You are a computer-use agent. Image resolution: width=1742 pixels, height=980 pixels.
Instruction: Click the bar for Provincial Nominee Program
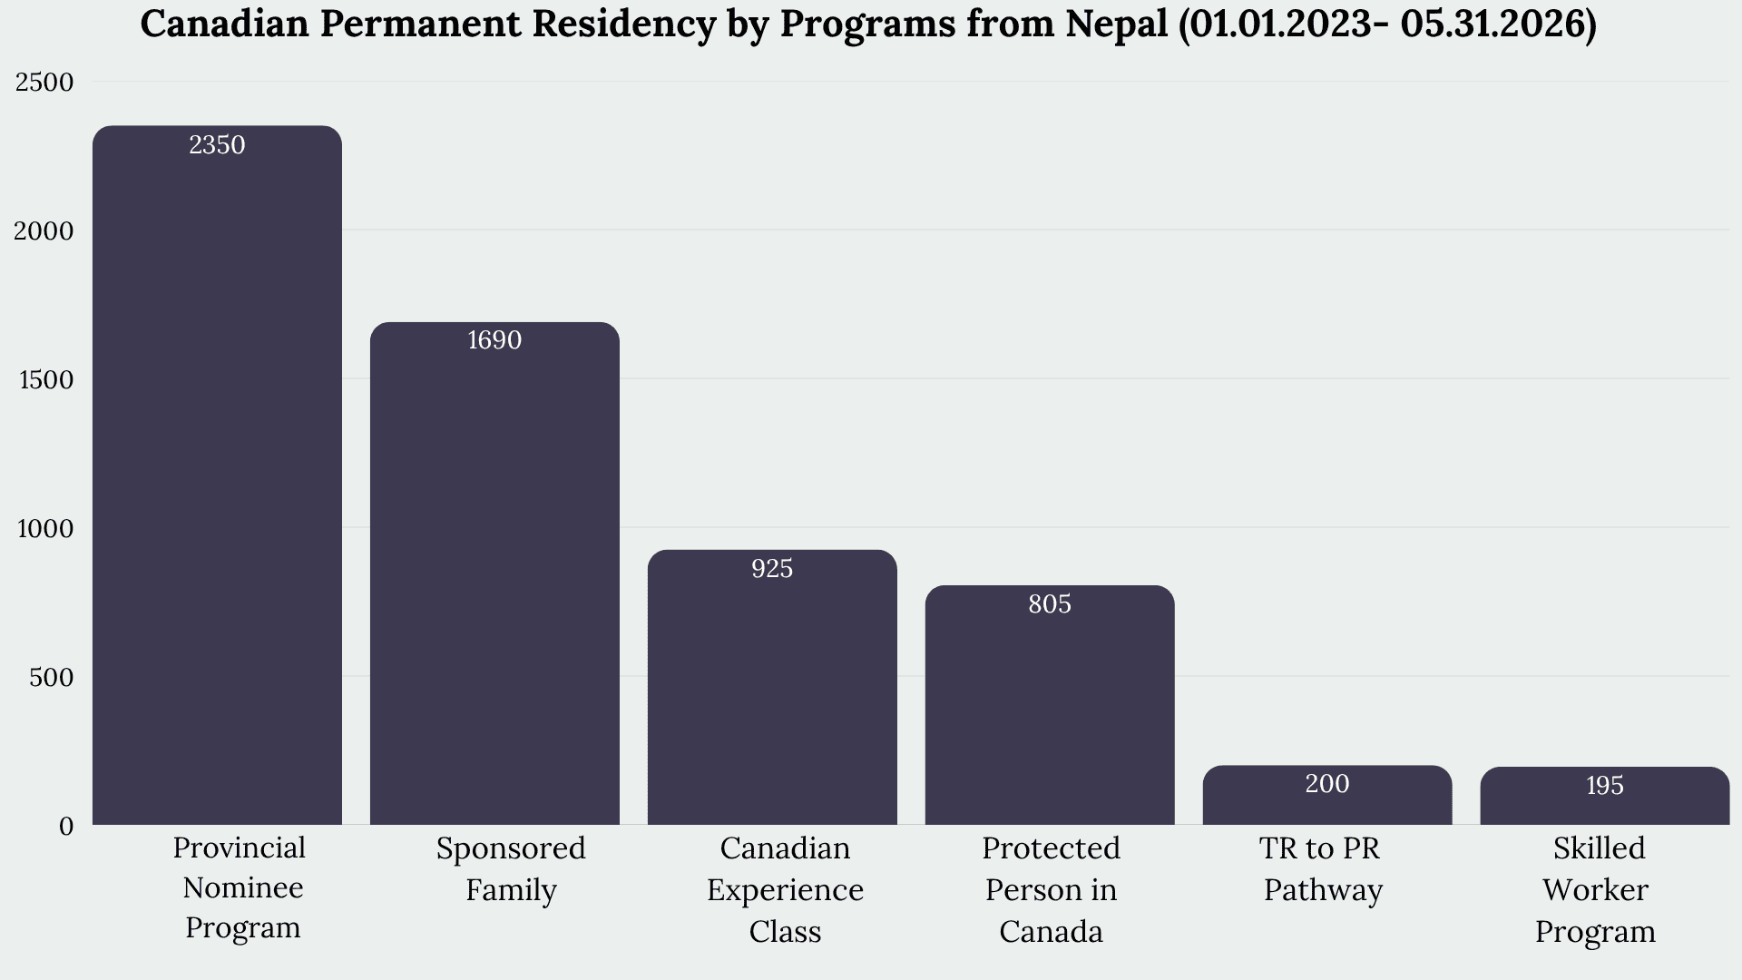pos(217,475)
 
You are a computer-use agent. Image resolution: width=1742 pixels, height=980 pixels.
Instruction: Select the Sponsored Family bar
pos(494,573)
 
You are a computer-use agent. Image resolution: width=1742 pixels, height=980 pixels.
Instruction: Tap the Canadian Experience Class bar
pos(772,687)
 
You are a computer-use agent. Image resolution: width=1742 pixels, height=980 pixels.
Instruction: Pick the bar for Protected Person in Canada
pos(1050,705)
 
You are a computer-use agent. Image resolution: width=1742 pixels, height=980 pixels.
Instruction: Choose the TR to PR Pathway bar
pos(1327,795)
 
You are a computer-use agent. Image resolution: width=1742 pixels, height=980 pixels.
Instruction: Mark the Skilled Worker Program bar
pos(1605,796)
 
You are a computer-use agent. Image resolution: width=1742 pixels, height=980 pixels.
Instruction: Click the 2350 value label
pos(217,145)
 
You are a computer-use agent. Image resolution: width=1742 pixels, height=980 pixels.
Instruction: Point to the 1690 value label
pos(494,340)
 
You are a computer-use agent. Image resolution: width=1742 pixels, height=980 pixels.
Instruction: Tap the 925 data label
pos(772,569)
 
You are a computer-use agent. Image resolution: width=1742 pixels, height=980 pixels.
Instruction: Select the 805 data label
pos(1050,604)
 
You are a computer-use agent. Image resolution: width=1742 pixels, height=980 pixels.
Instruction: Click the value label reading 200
pos(1327,784)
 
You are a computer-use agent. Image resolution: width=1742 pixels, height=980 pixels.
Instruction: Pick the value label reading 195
pos(1605,786)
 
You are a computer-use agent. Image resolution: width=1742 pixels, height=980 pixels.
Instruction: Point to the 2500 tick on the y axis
pos(44,83)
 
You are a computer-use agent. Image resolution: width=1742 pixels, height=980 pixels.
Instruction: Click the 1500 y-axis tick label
pos(46,380)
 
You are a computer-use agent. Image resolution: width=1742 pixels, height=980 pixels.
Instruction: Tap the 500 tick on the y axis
pos(51,678)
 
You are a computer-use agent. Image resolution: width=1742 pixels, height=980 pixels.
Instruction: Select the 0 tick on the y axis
pos(66,827)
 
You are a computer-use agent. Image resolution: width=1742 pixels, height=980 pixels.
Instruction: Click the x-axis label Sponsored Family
pos(511,869)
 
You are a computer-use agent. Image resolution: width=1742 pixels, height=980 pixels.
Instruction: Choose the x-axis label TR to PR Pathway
pos(1323,869)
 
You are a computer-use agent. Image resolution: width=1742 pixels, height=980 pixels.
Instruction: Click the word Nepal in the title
pos(1117,24)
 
